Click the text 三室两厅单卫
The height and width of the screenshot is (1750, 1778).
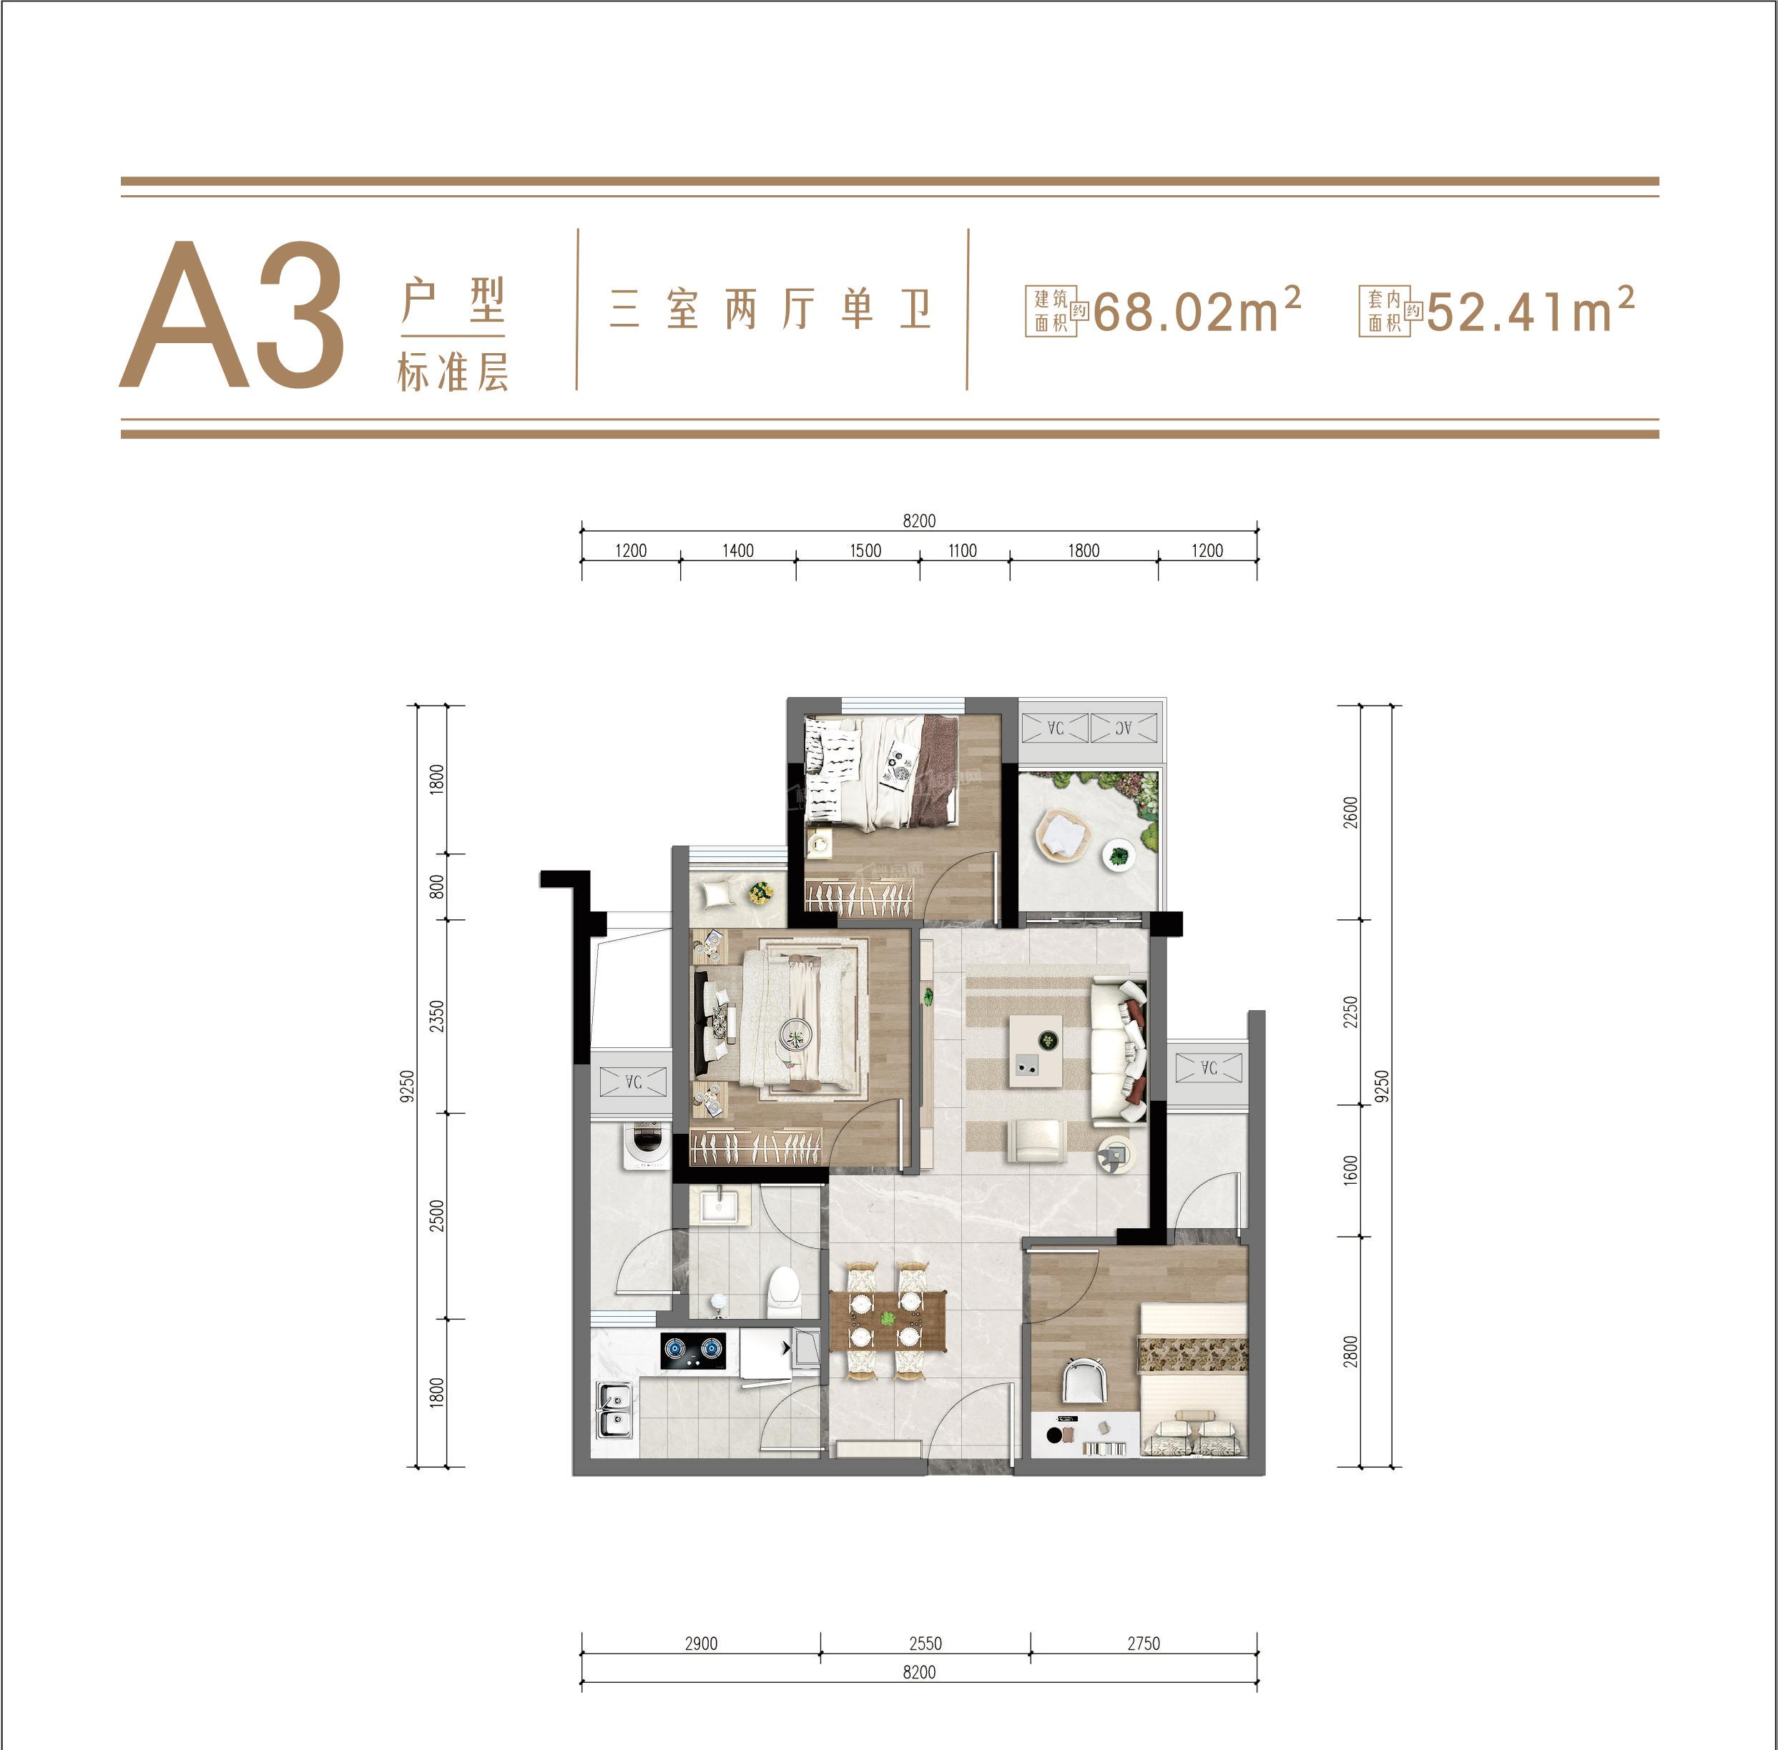pos(771,309)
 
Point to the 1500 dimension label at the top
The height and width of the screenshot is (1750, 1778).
pos(865,550)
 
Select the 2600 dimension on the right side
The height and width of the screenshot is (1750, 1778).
pos(1350,813)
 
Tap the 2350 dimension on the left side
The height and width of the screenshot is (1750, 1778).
pos(437,1016)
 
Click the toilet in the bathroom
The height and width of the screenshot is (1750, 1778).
pos(783,1290)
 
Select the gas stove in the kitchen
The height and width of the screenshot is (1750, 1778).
pos(692,1348)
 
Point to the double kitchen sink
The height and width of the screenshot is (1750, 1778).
pos(614,1410)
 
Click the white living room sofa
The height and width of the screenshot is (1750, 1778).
pos(1118,1052)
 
